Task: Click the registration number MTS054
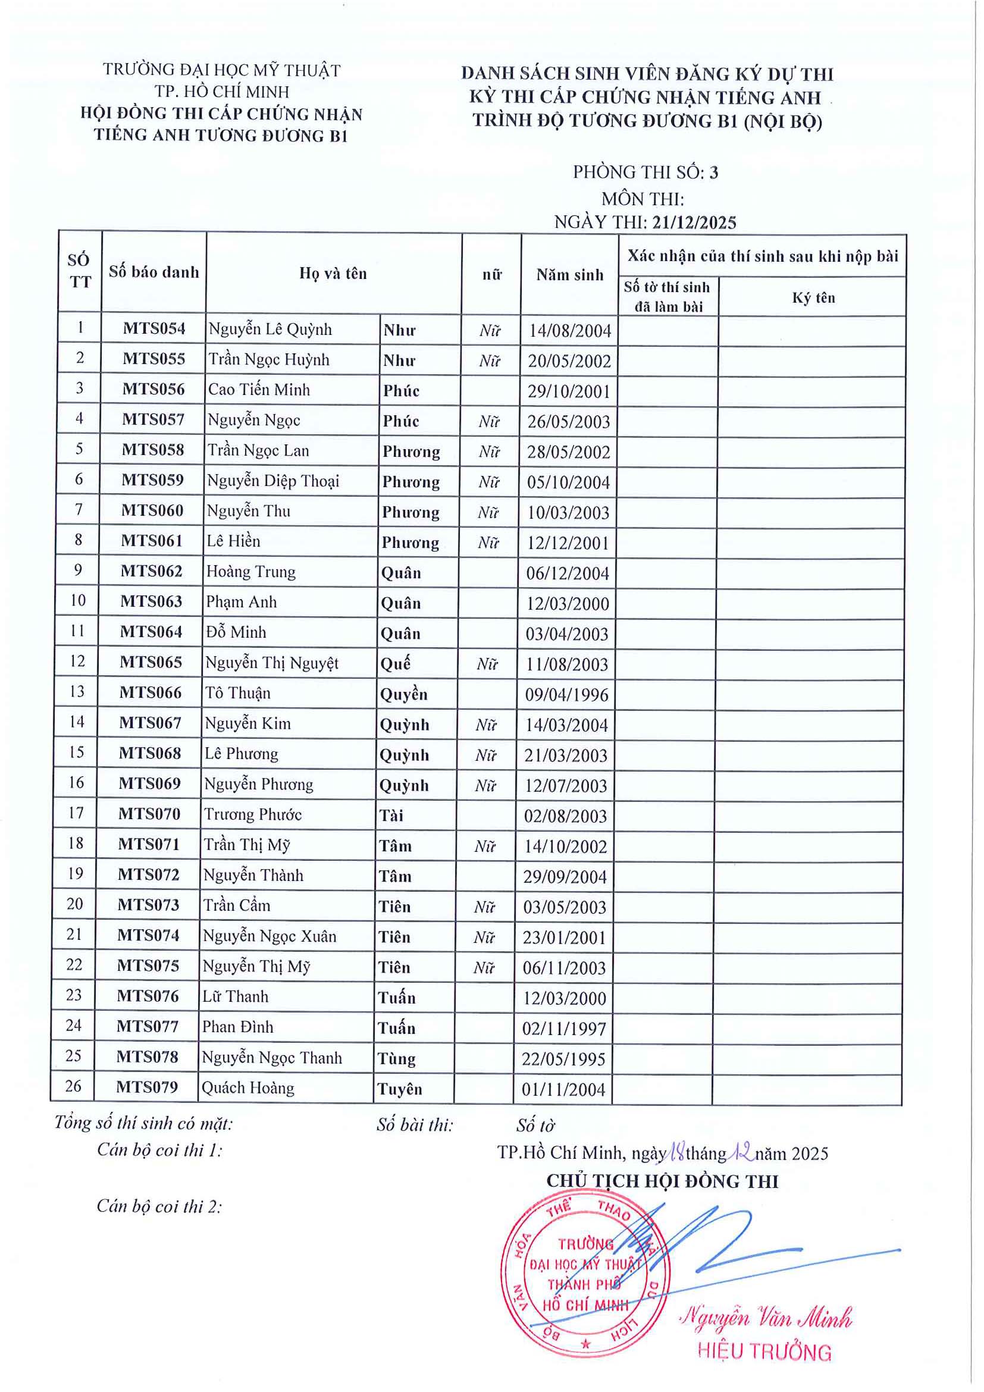pos(154,328)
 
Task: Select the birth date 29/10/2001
pos(569,391)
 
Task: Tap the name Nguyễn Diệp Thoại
pos(273,481)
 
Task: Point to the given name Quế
pos(395,663)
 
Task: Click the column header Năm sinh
pos(570,275)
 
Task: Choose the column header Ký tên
pos(814,297)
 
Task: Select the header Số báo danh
pos(154,272)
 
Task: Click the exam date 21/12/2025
pos(694,222)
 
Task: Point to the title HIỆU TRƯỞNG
pos(764,1352)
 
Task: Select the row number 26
pos(73,1085)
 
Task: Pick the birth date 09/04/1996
pos(566,694)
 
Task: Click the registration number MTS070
pos(149,814)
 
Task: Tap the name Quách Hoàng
pos(248,1087)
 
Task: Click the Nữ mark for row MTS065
pos(487,664)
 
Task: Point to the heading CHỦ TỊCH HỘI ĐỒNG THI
pos(662,1181)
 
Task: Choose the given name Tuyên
pos(400,1088)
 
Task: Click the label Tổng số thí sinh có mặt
pos(144,1123)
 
